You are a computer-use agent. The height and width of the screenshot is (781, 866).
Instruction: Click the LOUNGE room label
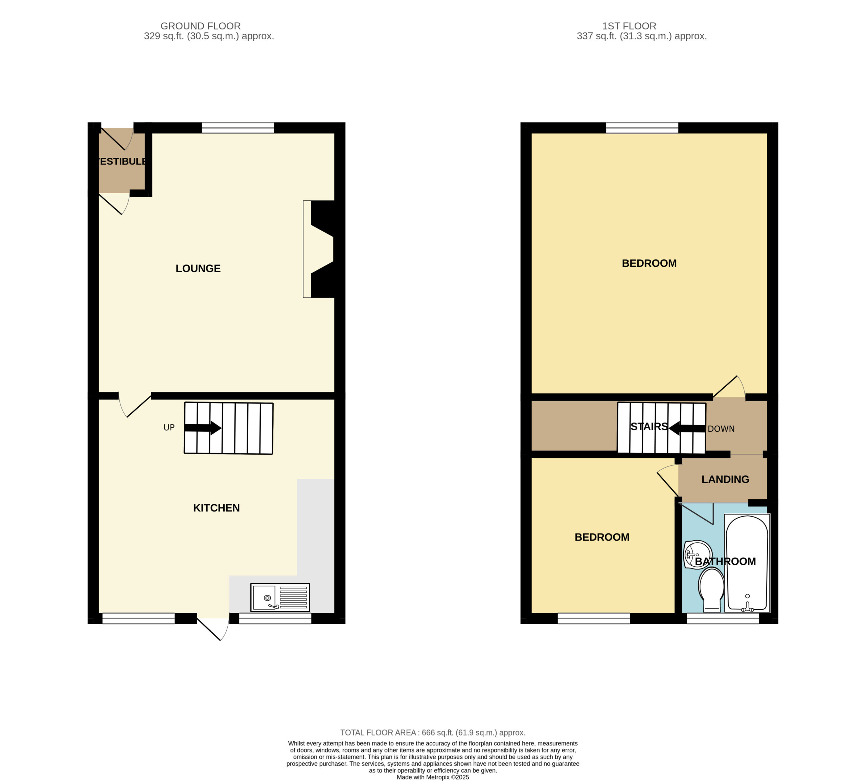[x=198, y=269]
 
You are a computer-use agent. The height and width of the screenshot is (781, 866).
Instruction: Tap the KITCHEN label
[x=216, y=508]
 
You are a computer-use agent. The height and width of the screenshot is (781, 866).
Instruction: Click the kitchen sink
[x=280, y=597]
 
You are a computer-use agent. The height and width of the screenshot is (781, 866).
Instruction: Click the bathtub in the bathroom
[x=747, y=563]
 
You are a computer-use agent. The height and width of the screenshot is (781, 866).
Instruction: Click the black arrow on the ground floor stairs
[x=203, y=428]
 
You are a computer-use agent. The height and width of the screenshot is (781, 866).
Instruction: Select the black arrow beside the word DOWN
[x=687, y=428]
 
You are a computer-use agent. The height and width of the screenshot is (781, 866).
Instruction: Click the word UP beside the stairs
[x=169, y=428]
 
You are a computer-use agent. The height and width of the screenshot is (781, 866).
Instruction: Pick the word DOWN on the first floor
[x=721, y=429]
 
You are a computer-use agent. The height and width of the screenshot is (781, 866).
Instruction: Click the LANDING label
[x=725, y=479]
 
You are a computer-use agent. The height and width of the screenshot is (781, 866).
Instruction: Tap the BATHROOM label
[x=725, y=561]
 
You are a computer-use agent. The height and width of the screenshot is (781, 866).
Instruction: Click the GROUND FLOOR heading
[x=201, y=26]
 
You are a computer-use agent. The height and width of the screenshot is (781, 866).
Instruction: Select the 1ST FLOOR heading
[x=629, y=26]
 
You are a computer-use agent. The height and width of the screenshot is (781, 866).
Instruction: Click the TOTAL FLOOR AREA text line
[x=433, y=733]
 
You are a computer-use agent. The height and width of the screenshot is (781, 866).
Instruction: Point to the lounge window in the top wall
[x=238, y=128]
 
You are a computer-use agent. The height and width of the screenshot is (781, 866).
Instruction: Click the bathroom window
[x=723, y=619]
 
